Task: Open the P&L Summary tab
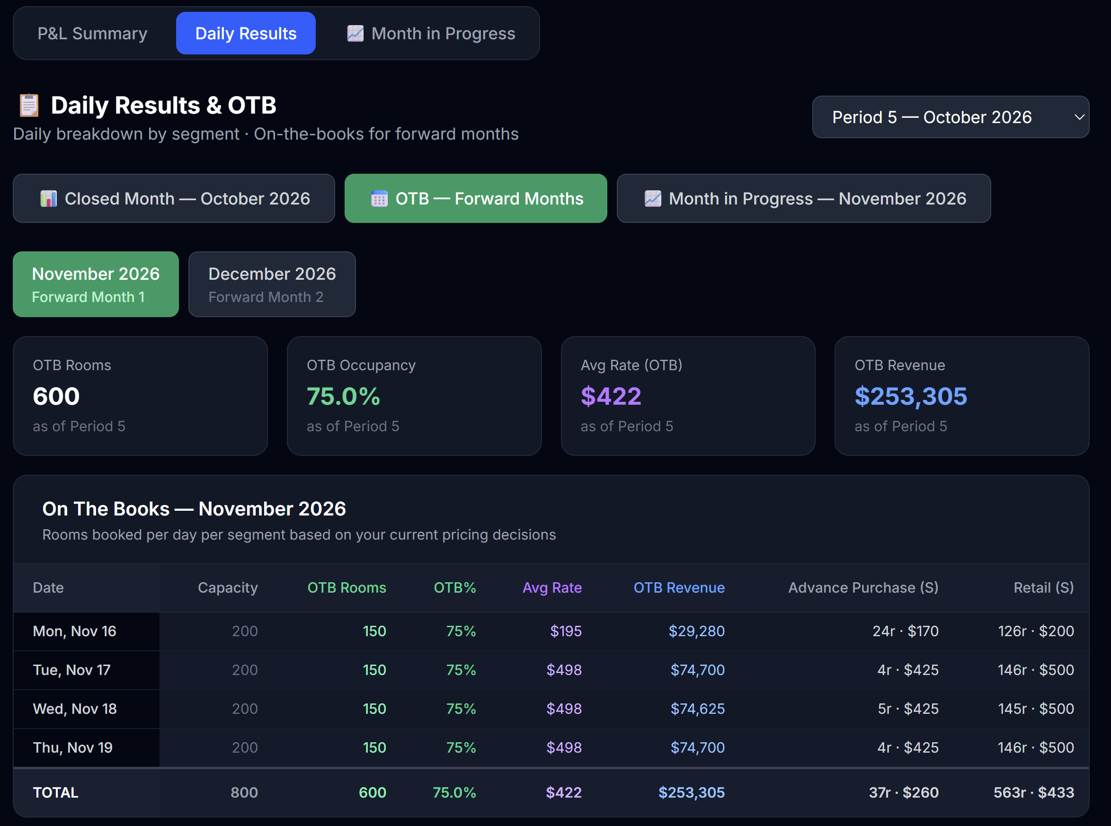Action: [92, 34]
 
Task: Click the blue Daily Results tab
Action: [246, 34]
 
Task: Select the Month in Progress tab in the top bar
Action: [431, 34]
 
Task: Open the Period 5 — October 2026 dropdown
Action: [951, 117]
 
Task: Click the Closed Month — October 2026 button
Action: [174, 198]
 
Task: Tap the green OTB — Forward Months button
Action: [476, 198]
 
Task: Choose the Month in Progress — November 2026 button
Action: [803, 198]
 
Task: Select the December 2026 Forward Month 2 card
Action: [272, 284]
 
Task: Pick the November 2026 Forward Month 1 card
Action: [96, 284]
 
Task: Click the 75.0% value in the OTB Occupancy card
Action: [344, 397]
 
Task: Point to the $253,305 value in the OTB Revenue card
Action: [911, 397]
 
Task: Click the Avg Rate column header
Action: [552, 587]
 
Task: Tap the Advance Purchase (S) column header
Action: [863, 587]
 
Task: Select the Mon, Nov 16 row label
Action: [74, 631]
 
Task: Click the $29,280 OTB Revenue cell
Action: [696, 631]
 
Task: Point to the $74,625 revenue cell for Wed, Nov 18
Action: [697, 709]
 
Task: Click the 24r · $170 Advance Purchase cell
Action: [906, 631]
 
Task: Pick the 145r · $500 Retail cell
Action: [1036, 709]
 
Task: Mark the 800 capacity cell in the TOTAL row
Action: [244, 792]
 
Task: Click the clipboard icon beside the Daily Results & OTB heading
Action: [29, 106]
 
